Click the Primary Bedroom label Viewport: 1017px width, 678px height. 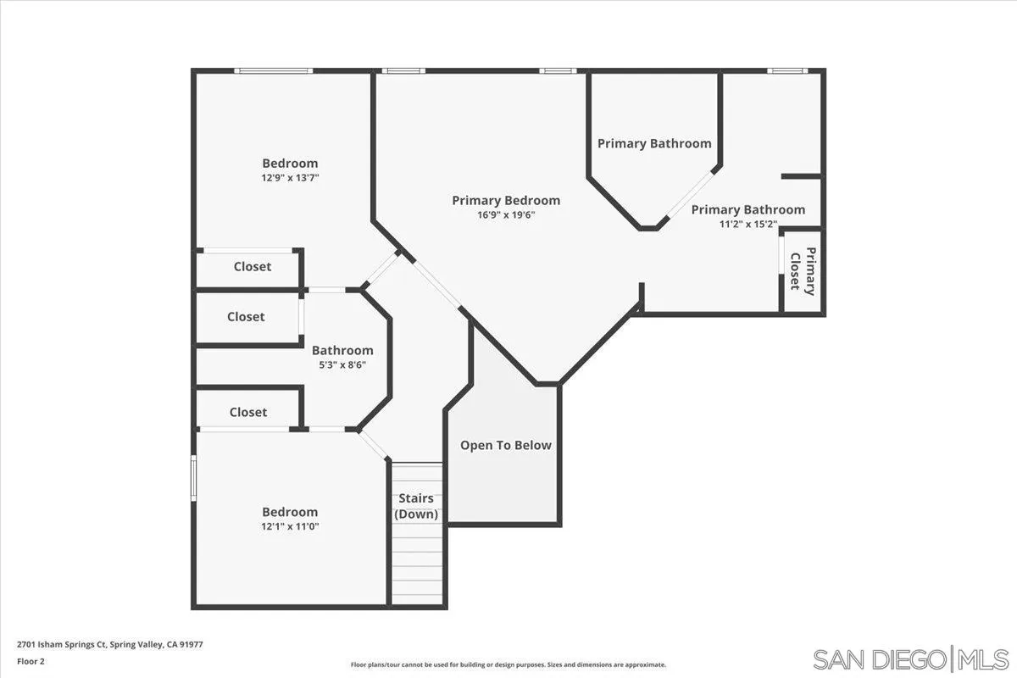pos(506,201)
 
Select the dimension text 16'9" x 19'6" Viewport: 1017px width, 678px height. pos(506,215)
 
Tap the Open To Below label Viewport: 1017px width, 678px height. pos(506,445)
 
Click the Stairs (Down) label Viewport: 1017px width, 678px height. pos(416,506)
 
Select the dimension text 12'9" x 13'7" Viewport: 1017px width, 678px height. pos(290,178)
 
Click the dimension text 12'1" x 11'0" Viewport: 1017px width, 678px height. pos(290,526)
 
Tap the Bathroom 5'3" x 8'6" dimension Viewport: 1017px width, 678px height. pos(342,365)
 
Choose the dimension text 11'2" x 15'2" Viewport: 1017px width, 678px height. pos(747,225)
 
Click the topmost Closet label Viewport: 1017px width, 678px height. pos(253,266)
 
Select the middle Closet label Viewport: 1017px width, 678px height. pos(246,317)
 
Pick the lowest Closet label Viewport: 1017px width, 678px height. pos(248,412)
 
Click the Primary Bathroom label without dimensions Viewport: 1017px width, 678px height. pos(654,143)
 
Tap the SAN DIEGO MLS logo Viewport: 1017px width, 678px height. pos(911,659)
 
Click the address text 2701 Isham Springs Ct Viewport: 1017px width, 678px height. pos(109,644)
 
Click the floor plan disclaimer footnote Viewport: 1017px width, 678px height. pos(508,665)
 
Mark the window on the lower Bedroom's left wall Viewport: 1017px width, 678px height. pos(194,478)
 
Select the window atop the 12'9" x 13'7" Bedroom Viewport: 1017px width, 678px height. pos(274,71)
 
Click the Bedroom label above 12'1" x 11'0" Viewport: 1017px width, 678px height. pos(290,512)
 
